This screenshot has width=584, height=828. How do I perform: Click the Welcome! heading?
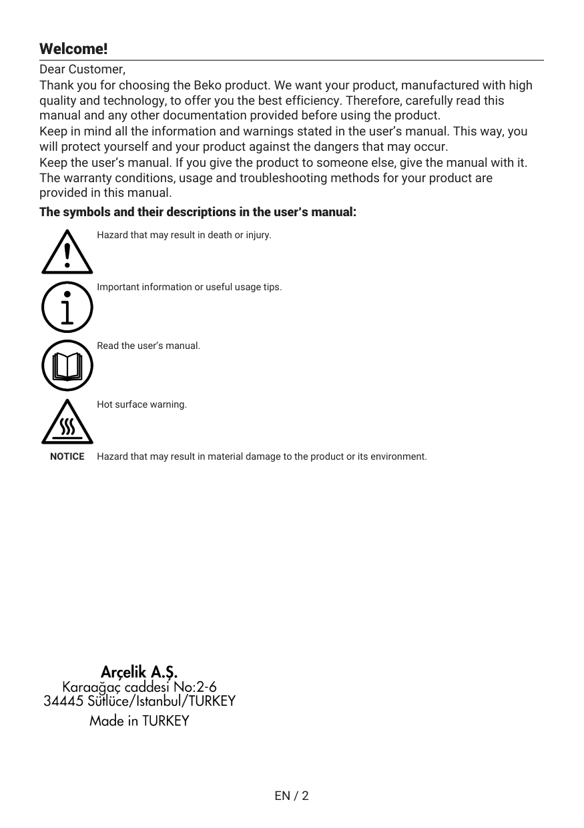[x=73, y=49]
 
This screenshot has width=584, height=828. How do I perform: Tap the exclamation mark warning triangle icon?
[x=67, y=252]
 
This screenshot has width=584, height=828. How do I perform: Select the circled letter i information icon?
[x=67, y=308]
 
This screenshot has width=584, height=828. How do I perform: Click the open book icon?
[x=67, y=366]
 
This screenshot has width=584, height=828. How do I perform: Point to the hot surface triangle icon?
[x=67, y=423]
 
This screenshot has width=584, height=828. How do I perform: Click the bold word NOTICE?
[x=67, y=457]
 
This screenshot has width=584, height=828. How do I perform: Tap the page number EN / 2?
[x=292, y=796]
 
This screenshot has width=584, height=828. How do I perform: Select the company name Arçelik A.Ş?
[x=139, y=671]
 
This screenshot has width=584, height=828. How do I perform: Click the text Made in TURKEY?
[x=139, y=721]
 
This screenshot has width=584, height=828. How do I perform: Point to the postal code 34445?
[x=63, y=702]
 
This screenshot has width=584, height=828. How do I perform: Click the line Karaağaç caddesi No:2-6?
[x=139, y=687]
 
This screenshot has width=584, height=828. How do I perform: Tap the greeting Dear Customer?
[x=82, y=69]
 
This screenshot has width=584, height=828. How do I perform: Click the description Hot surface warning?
[x=141, y=405]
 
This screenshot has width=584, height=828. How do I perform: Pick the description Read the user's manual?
[x=148, y=346]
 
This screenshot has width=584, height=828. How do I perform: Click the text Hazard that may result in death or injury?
[x=184, y=236]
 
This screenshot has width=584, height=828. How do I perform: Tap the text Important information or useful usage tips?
[x=190, y=288]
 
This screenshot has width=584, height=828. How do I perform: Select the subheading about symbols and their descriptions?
[x=198, y=212]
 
